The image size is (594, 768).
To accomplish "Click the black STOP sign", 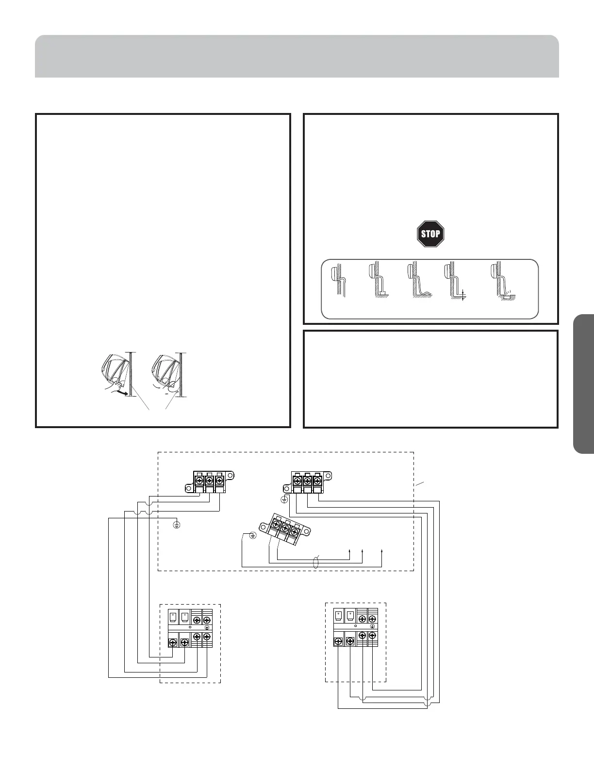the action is tap(430, 234).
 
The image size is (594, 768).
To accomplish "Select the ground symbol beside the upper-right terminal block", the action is tap(284, 499).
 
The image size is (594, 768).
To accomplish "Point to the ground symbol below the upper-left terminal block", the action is tap(177, 525).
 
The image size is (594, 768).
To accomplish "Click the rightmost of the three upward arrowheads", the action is tap(382, 551).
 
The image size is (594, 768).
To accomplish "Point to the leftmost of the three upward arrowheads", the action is tap(350, 551).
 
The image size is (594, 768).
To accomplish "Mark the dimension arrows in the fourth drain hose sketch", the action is tap(464, 295).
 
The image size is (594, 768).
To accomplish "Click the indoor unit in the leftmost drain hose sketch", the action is tap(334, 273).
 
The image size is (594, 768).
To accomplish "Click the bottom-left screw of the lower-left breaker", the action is tap(173, 643).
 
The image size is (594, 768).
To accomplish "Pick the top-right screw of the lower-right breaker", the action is tap(373, 619).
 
